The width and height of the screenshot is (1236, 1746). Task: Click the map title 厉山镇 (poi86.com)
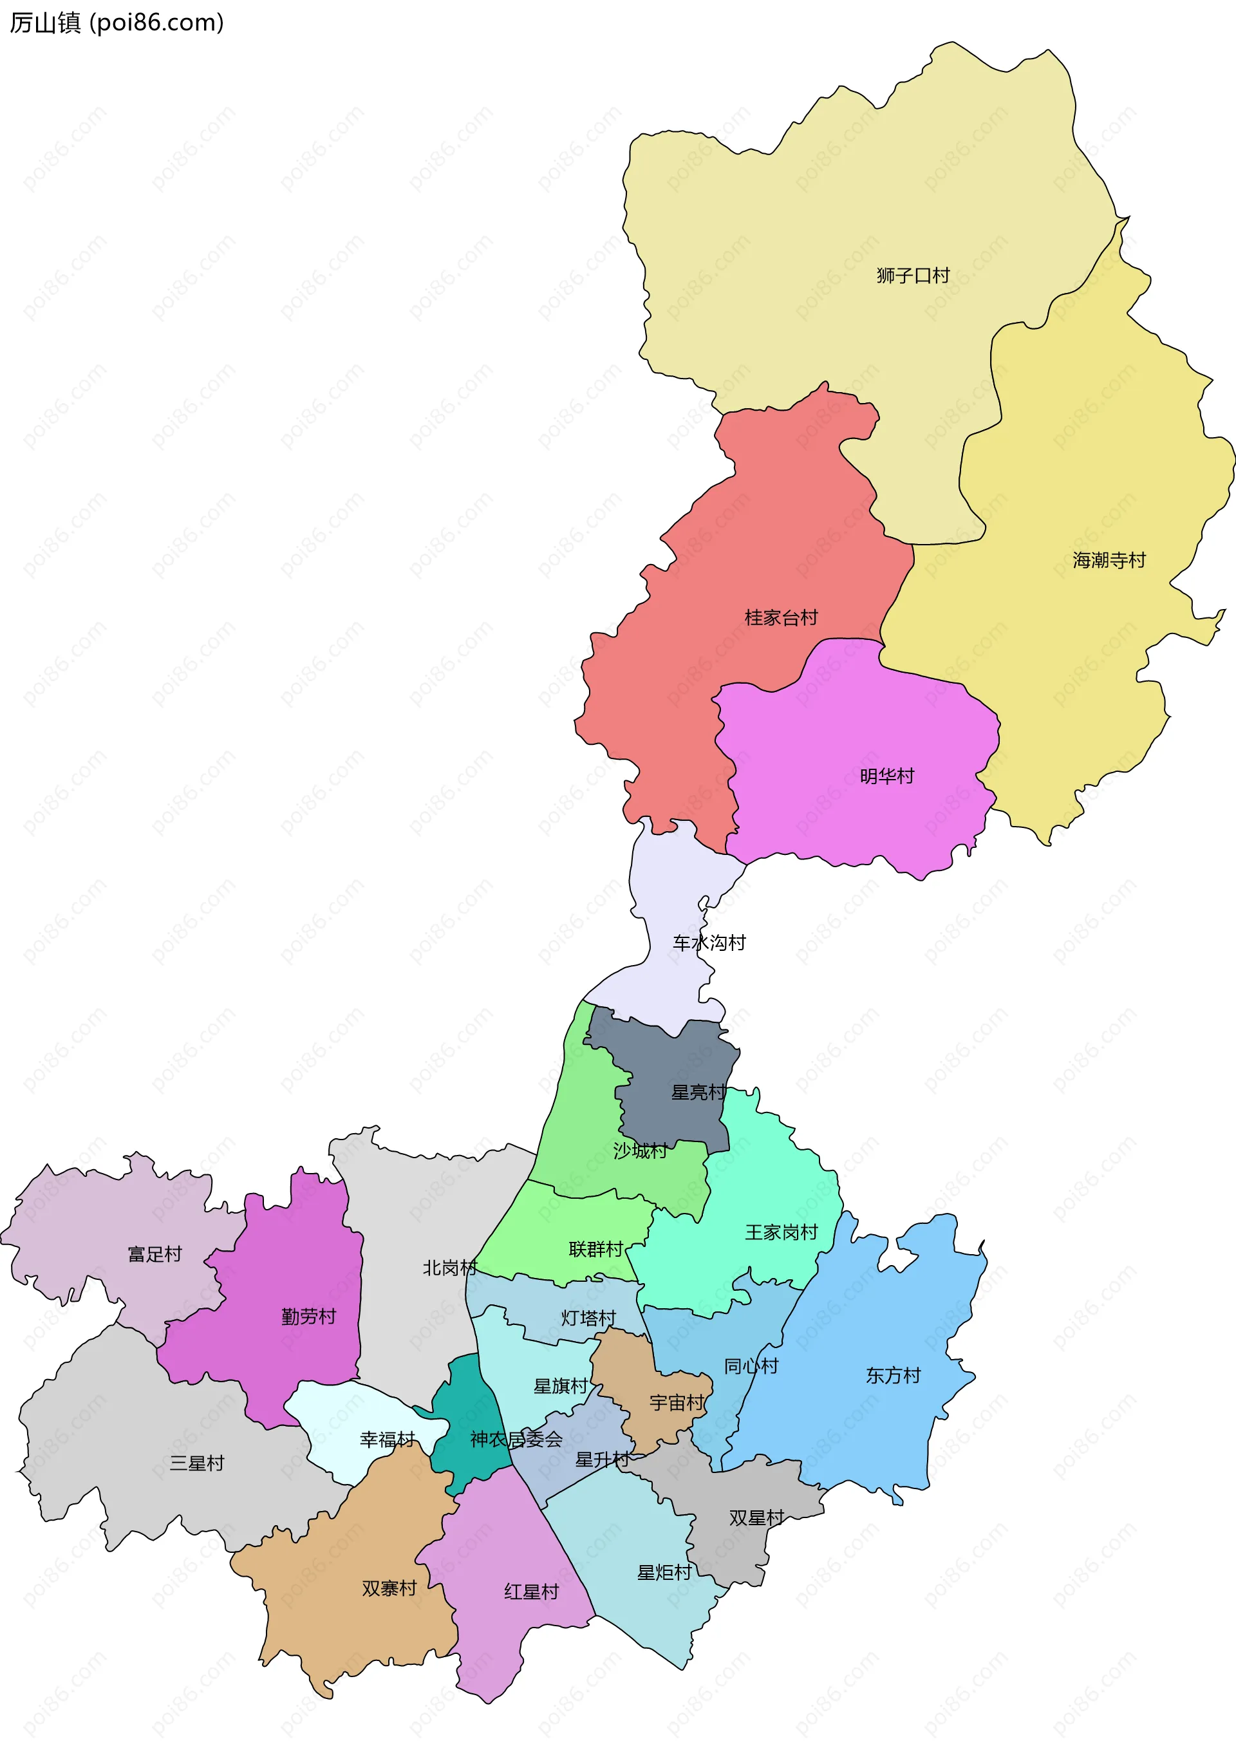tap(117, 23)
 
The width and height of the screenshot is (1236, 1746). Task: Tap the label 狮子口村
tap(913, 276)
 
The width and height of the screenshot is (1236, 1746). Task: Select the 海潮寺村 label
tap(1109, 560)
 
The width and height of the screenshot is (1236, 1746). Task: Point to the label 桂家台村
tap(781, 617)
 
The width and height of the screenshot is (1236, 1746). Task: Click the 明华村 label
tap(886, 776)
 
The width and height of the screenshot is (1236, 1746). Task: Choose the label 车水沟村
tap(709, 943)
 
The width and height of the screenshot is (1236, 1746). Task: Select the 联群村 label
tap(596, 1250)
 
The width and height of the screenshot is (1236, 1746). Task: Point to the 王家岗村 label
tap(781, 1232)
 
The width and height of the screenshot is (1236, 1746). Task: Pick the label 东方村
tap(893, 1375)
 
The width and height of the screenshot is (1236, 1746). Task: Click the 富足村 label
tap(154, 1254)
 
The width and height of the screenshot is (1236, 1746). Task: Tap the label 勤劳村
tap(308, 1316)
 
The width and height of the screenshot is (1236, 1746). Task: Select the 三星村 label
tap(196, 1463)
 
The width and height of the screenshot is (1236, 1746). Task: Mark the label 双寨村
tap(389, 1588)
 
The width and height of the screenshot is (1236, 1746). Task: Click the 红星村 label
tap(531, 1591)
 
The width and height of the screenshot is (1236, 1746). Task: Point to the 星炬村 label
tap(664, 1572)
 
